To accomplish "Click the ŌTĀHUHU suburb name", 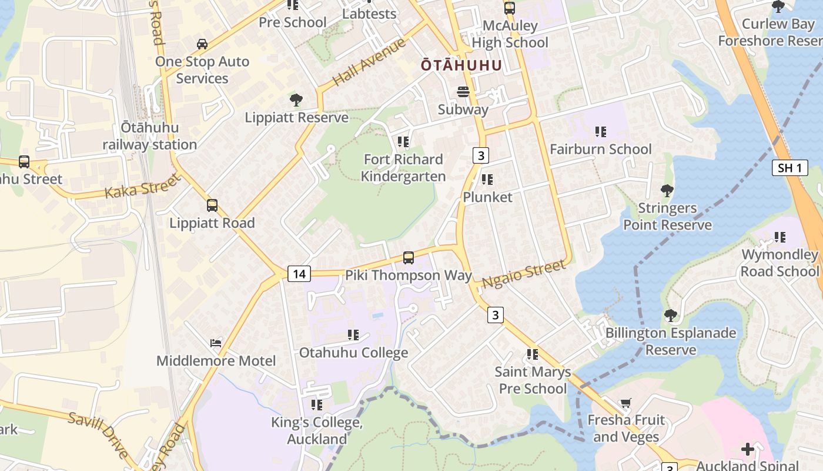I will (461, 65).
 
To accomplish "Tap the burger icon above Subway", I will (463, 92).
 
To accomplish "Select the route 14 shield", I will (299, 273).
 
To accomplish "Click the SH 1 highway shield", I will (789, 168).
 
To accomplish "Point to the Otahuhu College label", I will (353, 353).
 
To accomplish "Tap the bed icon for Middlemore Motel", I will (216, 343).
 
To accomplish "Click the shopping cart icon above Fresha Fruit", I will (625, 403).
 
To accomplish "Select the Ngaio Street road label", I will (524, 274).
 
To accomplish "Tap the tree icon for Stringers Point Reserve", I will (667, 191).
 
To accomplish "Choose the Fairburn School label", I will (600, 149).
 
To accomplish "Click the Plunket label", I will (487, 197).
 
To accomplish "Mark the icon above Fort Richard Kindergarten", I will (403, 142).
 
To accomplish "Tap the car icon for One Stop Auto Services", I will (202, 44).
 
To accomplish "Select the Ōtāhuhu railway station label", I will (150, 136).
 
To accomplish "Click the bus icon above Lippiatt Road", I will (212, 205).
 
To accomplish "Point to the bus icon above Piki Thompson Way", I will (408, 257).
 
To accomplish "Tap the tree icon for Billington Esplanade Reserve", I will (670, 316).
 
